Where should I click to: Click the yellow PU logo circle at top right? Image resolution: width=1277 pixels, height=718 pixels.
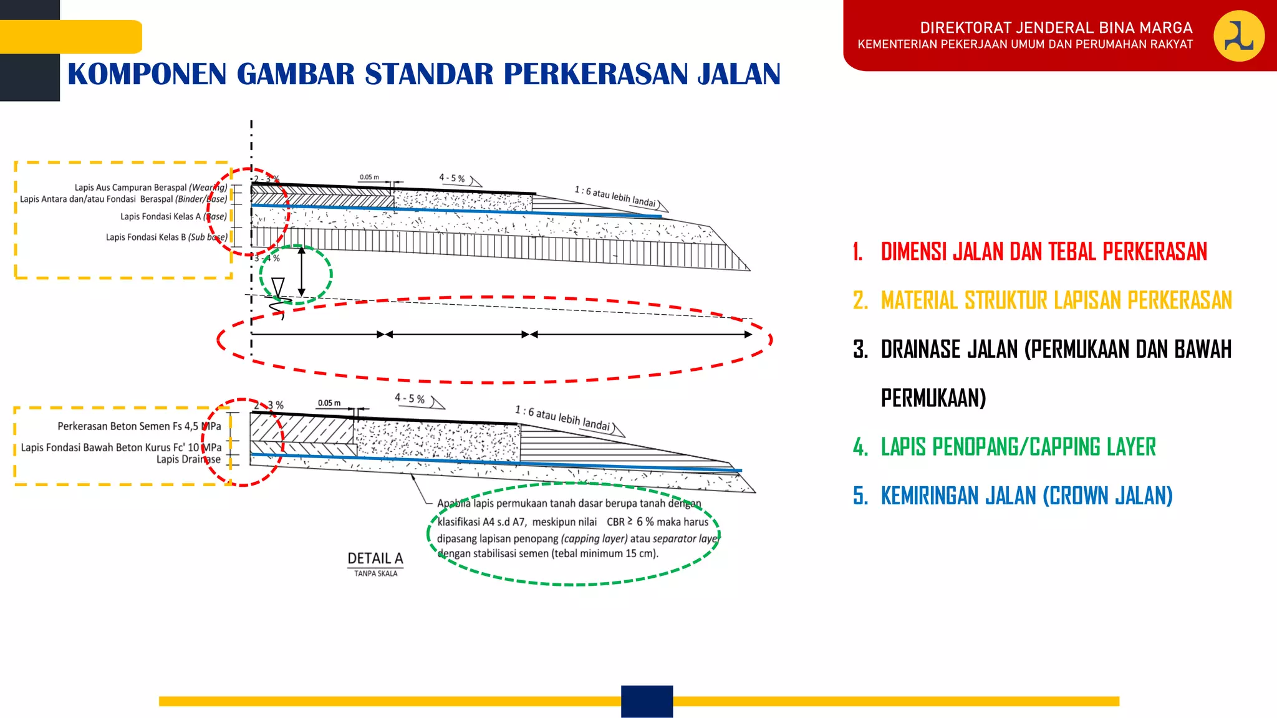[x=1238, y=36]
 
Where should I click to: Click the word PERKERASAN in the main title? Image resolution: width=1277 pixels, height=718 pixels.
[x=595, y=74]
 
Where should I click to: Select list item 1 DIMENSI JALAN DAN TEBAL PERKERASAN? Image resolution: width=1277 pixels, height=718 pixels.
[x=1043, y=252]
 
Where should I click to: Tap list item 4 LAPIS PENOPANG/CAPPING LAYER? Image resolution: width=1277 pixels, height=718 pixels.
[x=1018, y=447]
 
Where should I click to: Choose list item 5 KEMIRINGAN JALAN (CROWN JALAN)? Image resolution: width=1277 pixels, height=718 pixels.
[x=1026, y=496]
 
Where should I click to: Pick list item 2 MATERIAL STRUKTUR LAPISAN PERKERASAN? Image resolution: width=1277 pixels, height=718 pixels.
[x=1056, y=300]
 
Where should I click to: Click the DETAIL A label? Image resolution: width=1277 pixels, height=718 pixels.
[x=375, y=558]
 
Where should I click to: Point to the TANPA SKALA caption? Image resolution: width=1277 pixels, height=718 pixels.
[x=375, y=573]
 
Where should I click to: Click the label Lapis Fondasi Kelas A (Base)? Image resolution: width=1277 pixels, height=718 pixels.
[x=173, y=217]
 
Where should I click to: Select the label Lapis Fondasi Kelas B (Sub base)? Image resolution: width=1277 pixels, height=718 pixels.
[x=166, y=237]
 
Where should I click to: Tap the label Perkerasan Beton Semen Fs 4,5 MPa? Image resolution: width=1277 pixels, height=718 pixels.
[x=139, y=426]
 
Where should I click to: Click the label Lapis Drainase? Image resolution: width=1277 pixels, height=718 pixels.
[x=188, y=459]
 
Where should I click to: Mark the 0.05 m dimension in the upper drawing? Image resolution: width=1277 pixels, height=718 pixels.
[x=369, y=177]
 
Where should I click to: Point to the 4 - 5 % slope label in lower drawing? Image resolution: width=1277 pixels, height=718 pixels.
[x=410, y=399]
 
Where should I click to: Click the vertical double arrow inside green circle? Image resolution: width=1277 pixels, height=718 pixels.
[x=301, y=272]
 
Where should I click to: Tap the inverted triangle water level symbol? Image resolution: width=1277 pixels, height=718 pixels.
[x=278, y=287]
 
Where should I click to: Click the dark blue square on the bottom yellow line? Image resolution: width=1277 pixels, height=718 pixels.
[x=647, y=701]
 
